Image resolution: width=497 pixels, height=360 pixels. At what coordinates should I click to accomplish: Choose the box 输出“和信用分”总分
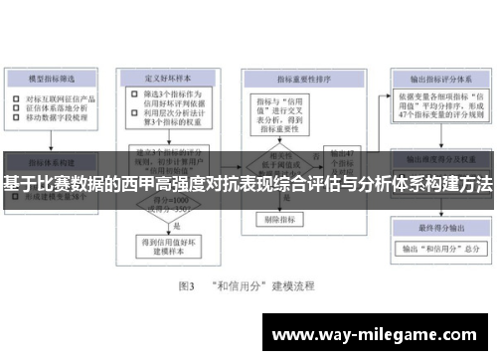coord(438,248)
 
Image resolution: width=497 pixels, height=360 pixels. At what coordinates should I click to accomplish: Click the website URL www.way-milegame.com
coord(379,334)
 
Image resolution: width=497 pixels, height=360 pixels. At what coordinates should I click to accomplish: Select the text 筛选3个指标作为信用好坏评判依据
coord(169,102)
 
